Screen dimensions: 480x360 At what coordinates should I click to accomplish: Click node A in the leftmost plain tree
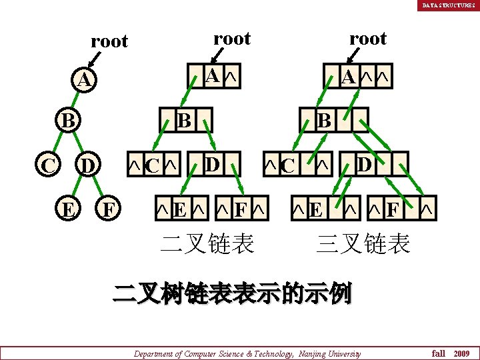(x=83, y=81)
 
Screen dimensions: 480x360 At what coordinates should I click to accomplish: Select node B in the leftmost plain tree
(x=67, y=122)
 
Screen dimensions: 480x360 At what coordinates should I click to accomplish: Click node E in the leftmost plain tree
(x=67, y=209)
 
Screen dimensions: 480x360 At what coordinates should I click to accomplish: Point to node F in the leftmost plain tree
(x=107, y=209)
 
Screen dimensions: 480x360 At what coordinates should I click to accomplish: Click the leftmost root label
(x=109, y=41)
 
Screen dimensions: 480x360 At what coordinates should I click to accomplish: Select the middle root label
(x=231, y=38)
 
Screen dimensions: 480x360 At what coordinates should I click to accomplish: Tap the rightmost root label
(x=367, y=38)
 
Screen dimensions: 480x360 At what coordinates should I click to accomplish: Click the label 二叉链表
(x=207, y=243)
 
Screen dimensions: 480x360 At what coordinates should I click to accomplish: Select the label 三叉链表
(x=363, y=243)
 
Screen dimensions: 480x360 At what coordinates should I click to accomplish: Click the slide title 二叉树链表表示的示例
(x=231, y=293)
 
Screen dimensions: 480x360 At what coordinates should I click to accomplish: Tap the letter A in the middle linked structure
(x=211, y=77)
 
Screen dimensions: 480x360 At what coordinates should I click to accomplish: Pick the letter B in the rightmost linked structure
(x=324, y=121)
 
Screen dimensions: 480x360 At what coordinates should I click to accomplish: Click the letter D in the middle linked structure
(x=211, y=163)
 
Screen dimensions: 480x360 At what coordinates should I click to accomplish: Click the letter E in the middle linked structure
(x=179, y=211)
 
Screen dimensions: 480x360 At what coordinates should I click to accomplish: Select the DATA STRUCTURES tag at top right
(x=448, y=5)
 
